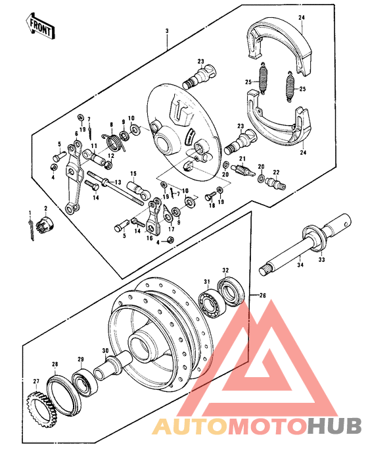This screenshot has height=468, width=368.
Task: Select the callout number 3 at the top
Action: (167, 31)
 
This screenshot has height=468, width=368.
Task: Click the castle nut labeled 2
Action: (47, 222)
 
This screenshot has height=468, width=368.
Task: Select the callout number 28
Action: (55, 363)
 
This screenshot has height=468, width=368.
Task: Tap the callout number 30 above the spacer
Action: (104, 351)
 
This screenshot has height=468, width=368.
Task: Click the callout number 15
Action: (132, 174)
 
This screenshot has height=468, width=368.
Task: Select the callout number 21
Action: (241, 159)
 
